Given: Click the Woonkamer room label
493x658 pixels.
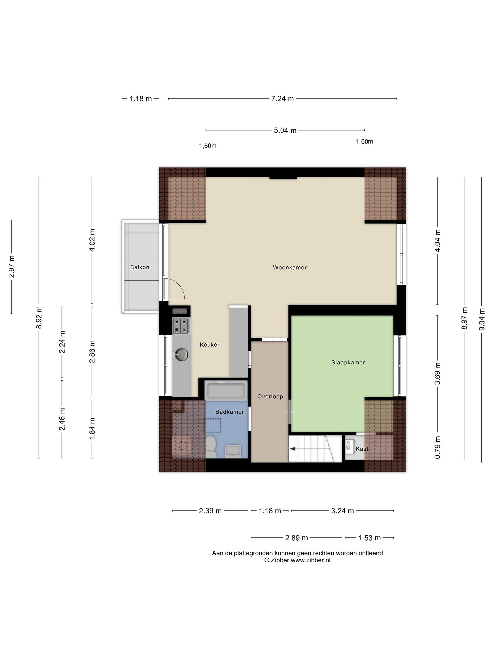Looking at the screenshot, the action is click(289, 267).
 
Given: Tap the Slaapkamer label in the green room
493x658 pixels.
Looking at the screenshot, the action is click(348, 362).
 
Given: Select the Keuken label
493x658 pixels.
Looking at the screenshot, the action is click(210, 345).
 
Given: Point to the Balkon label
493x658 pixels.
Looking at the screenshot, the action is click(140, 267).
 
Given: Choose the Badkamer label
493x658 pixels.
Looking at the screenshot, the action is click(230, 412).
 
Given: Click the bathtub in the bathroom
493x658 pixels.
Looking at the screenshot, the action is click(226, 390).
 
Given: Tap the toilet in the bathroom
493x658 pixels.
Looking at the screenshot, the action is click(211, 446).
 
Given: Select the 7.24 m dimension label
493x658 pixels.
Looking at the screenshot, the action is click(282, 98).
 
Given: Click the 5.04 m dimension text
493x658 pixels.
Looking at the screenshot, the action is click(285, 130).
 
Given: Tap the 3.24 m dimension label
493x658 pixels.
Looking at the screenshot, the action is click(342, 511).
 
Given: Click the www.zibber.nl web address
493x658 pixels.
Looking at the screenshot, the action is click(310, 560).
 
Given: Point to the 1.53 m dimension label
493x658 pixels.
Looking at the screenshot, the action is click(369, 538).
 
